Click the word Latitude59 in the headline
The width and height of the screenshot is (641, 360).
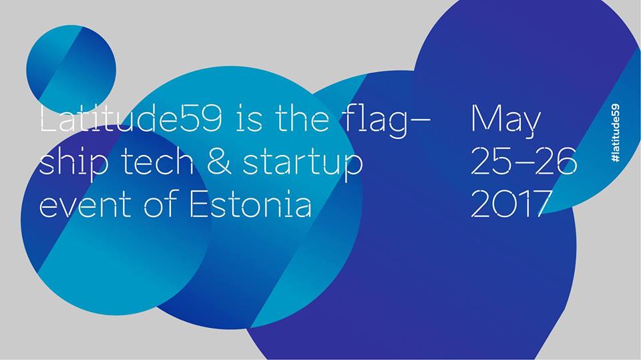pyautogui.click(x=132, y=119)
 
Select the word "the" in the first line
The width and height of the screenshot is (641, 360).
pyautogui.click(x=302, y=119)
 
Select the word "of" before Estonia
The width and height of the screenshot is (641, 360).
pyautogui.click(x=161, y=202)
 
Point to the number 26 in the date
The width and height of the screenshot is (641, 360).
pyautogui.click(x=556, y=161)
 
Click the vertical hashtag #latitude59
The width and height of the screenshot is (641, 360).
pyautogui.click(x=615, y=134)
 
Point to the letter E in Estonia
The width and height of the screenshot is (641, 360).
pyautogui.click(x=199, y=204)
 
